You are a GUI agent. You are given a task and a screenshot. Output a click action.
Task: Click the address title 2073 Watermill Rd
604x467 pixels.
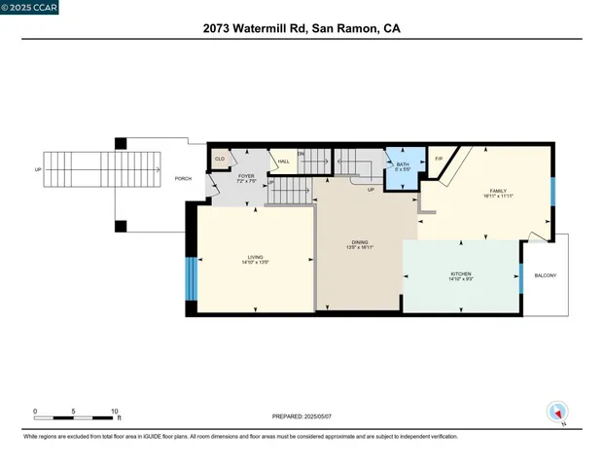pyautogui.click(x=302, y=29)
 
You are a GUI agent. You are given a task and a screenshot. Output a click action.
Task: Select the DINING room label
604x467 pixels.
pyautogui.click(x=360, y=243)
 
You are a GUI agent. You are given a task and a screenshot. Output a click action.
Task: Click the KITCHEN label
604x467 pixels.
pyautogui.click(x=460, y=274)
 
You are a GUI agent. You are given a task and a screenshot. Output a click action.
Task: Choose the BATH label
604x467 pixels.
pyautogui.click(x=403, y=164)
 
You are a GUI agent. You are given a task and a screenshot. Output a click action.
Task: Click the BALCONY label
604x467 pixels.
pyautogui.click(x=546, y=275)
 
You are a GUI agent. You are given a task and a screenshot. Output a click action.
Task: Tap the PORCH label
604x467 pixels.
pyautogui.click(x=183, y=179)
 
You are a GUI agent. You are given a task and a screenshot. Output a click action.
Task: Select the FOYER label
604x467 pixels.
pyautogui.click(x=245, y=177)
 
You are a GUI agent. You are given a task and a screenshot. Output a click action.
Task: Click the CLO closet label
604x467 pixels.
pyautogui.click(x=220, y=159)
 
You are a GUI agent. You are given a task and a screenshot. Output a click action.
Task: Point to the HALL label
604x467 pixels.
pyautogui.click(x=283, y=162)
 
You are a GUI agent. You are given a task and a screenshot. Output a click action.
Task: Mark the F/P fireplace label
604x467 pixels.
pyautogui.click(x=438, y=159)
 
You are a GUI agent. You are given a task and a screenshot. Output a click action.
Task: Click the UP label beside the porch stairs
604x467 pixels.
pyautogui.click(x=38, y=169)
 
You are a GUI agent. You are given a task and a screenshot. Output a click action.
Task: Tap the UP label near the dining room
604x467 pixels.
pyautogui.click(x=371, y=190)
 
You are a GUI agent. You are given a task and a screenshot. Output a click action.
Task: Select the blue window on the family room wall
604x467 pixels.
pyautogui.click(x=552, y=192)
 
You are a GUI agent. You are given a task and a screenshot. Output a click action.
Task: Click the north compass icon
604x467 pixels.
pyautogui.click(x=557, y=412)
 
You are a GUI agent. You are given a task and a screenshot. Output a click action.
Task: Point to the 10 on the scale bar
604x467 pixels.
pyautogui.click(x=115, y=411)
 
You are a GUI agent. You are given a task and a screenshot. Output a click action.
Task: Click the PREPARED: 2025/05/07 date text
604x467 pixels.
pyautogui.click(x=301, y=416)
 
